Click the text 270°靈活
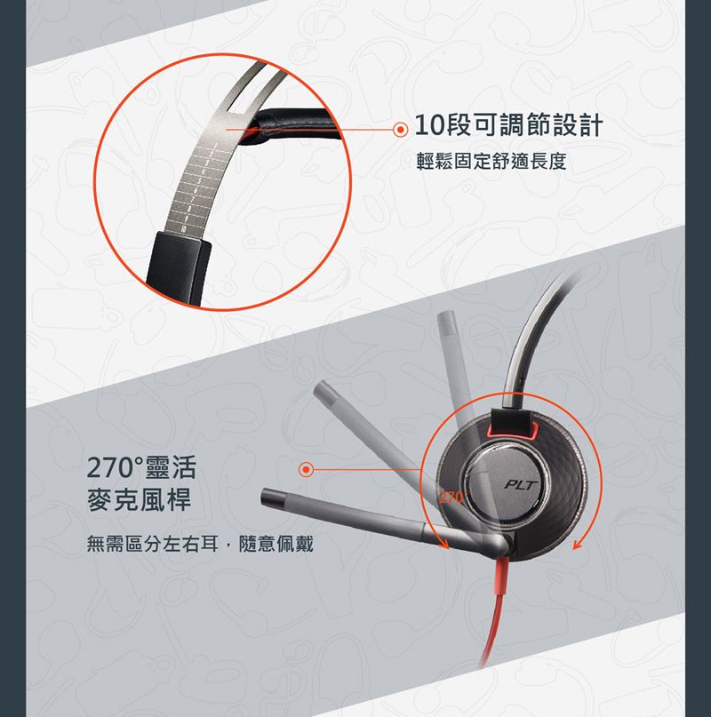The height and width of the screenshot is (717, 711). [x=140, y=467]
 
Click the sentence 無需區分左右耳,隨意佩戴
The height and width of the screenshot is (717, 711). [x=200, y=543]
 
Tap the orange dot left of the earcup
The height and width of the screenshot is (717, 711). [x=306, y=468]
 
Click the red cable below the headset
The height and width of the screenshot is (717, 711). [x=494, y=622]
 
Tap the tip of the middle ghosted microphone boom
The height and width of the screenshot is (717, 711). [x=324, y=391]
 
